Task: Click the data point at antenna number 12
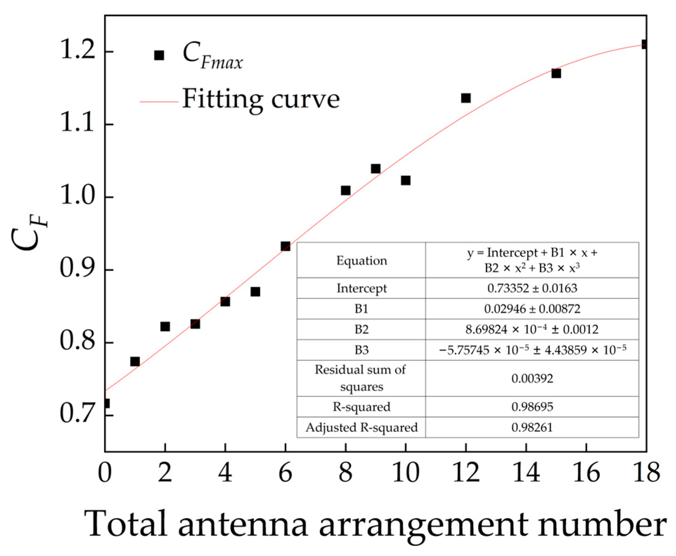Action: click(466, 98)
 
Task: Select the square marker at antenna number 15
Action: click(556, 73)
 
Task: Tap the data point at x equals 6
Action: click(285, 246)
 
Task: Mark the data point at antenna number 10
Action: click(405, 180)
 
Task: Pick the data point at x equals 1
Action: click(135, 362)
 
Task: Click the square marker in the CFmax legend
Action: click(159, 55)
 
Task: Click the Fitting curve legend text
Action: click(261, 100)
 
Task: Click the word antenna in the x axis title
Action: click(242, 524)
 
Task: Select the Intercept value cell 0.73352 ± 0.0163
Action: click(532, 288)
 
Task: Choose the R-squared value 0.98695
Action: click(532, 407)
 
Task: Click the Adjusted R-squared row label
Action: click(362, 428)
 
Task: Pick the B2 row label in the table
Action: click(362, 330)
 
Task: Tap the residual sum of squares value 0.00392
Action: click(532, 379)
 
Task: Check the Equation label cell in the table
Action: click(362, 261)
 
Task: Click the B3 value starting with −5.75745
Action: click(532, 350)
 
